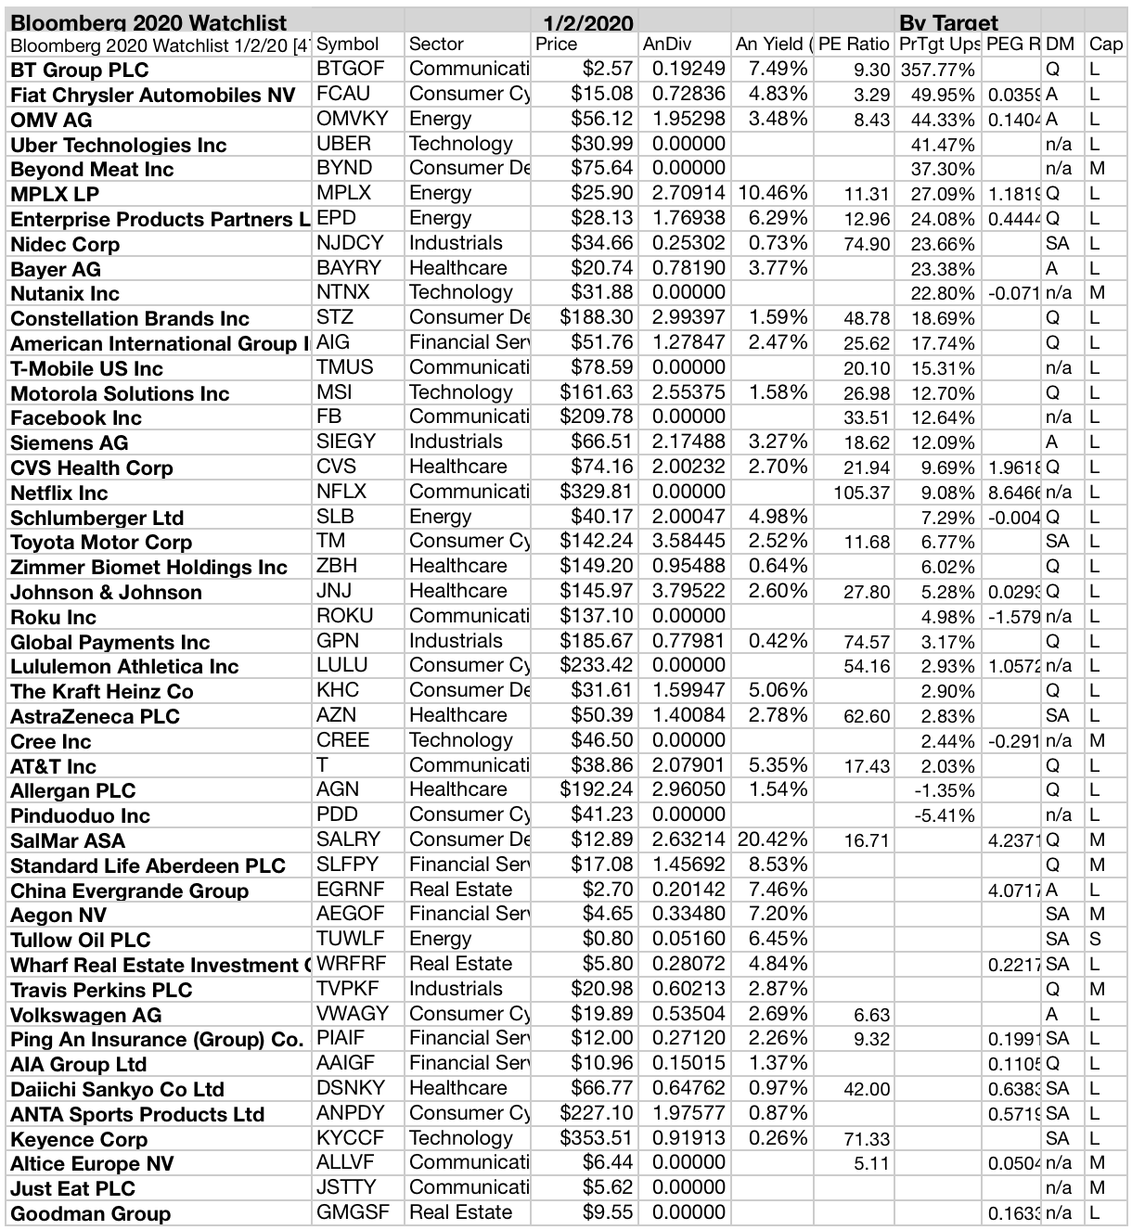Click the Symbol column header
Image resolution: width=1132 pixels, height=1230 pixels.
pyautogui.click(x=348, y=45)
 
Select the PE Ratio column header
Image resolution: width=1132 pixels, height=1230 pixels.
pyautogui.click(x=854, y=45)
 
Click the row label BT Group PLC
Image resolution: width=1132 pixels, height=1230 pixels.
pyautogui.click(x=80, y=70)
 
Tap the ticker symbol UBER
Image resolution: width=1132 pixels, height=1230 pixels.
pyautogui.click(x=344, y=144)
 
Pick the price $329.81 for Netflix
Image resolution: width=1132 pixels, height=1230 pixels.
pyautogui.click(x=597, y=492)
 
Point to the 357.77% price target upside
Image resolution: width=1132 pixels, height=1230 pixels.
pyautogui.click(x=937, y=70)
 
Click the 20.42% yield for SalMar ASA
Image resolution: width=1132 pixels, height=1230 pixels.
pyautogui.click(x=772, y=840)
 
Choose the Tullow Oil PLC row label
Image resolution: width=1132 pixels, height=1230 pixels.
pyautogui.click(x=81, y=940)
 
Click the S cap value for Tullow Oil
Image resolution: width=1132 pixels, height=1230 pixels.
pyautogui.click(x=1095, y=940)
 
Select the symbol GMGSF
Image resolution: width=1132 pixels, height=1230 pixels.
pyautogui.click(x=353, y=1212)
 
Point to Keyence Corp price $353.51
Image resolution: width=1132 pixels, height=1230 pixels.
pyautogui.click(x=597, y=1138)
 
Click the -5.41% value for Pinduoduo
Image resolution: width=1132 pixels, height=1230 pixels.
pyautogui.click(x=944, y=815)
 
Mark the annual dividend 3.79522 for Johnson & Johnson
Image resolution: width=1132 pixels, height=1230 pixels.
pyautogui.click(x=688, y=591)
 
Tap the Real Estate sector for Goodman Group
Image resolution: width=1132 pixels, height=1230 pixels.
pyautogui.click(x=460, y=1212)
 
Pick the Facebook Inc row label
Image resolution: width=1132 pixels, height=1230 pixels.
pyautogui.click(x=76, y=417)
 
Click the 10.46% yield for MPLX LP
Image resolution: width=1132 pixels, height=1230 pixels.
pyautogui.click(x=772, y=193)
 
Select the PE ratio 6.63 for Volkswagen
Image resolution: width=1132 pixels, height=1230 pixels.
pyautogui.click(x=871, y=1015)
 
